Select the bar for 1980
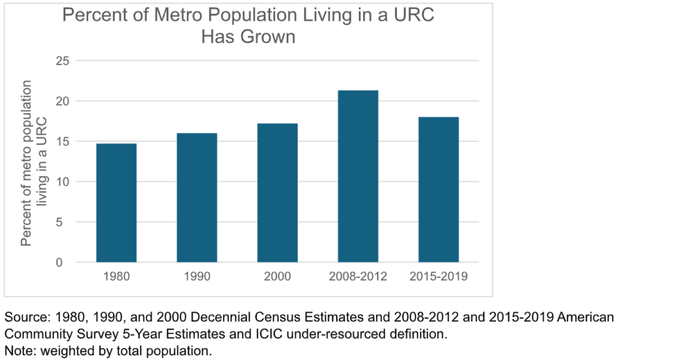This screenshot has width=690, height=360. tap(116, 203)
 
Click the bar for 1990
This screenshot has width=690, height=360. tap(197, 198)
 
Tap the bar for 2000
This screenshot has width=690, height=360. tap(277, 193)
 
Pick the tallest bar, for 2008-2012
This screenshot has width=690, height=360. tap(358, 177)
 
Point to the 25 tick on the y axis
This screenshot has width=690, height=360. tap(63, 61)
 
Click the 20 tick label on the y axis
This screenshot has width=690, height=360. tap(63, 101)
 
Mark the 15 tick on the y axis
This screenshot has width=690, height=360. tap(63, 142)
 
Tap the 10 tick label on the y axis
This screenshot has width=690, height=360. tap(63, 182)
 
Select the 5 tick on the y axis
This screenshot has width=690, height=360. tap(66, 222)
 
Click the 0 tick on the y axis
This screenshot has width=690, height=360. tap(66, 263)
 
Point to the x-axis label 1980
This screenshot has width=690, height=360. tap(116, 276)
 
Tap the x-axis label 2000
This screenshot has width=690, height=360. tap(277, 276)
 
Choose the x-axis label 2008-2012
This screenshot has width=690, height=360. tap(358, 276)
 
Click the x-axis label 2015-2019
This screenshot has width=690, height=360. tap(439, 276)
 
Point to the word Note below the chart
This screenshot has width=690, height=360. tap(18, 351)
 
